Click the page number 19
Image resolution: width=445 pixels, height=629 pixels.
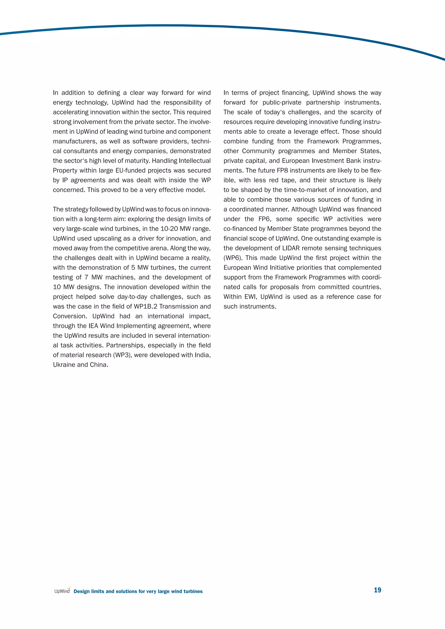(x=377, y=590)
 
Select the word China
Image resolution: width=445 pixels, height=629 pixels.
(x=98, y=365)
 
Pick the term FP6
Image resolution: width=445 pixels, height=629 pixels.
(x=264, y=219)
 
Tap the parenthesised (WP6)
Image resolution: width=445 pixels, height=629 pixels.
(x=233, y=258)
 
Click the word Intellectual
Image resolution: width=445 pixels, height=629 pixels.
(x=194, y=161)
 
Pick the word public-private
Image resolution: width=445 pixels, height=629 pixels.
(x=282, y=103)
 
